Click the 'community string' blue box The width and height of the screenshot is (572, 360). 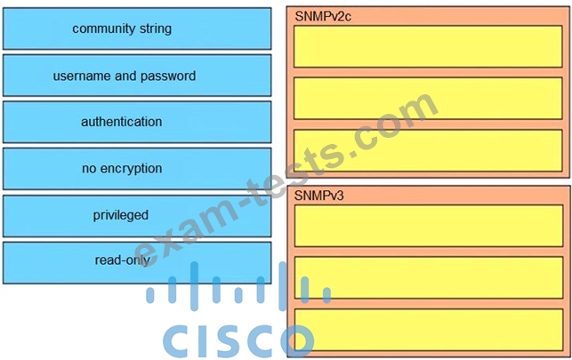137,28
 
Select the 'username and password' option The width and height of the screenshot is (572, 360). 137,76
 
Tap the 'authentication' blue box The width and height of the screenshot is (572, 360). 137,122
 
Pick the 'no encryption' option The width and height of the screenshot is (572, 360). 137,169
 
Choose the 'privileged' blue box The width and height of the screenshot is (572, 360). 137,216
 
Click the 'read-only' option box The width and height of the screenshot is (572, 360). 137,263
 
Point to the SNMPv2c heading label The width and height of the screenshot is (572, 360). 323,16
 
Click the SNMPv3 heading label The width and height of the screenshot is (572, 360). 318,196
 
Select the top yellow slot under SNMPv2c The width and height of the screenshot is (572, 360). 428,46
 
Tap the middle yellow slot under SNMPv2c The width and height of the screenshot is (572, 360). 428,99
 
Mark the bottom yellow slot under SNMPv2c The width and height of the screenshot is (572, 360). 428,150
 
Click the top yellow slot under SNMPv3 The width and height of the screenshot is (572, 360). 429,226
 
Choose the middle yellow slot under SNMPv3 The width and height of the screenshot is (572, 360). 429,277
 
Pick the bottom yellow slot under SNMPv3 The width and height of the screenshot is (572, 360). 429,330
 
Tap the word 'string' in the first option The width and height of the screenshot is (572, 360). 155,28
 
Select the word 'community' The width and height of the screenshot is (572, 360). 103,28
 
